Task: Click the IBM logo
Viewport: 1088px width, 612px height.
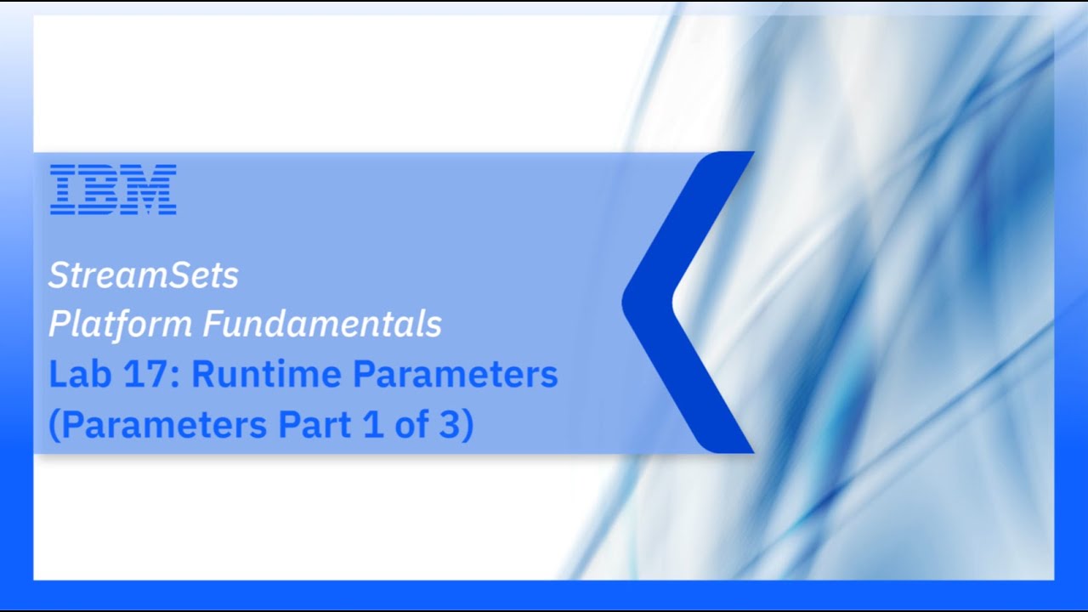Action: [x=113, y=189]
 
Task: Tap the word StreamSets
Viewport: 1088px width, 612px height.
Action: [x=144, y=275]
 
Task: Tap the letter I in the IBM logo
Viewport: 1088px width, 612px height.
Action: [x=63, y=189]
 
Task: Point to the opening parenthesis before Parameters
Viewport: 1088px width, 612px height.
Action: [x=54, y=425]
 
